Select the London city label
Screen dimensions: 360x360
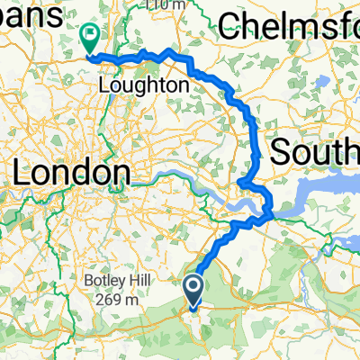[x=69, y=172]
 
